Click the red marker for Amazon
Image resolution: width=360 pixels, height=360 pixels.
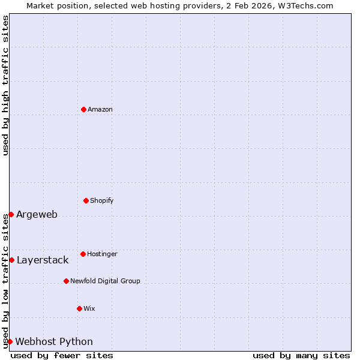(83, 109)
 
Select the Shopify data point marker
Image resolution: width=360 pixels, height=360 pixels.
(86, 200)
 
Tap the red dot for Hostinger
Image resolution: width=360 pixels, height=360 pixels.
(83, 254)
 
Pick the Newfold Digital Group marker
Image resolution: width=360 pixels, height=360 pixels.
(66, 281)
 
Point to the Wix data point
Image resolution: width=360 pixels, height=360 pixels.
(79, 308)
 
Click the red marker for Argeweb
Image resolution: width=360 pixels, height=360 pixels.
(11, 214)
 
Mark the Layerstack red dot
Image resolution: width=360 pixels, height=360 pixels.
(11, 260)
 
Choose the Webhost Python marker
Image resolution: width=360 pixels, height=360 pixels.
(10, 341)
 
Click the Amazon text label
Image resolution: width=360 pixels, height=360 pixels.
(100, 109)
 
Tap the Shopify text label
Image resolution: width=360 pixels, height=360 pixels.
(102, 200)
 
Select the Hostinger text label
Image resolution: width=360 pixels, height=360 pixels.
(102, 254)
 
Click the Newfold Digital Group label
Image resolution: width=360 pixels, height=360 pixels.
(105, 281)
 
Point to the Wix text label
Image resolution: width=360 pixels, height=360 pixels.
(89, 308)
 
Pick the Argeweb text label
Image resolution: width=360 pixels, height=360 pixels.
(37, 214)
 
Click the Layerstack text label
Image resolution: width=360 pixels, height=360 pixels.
(43, 260)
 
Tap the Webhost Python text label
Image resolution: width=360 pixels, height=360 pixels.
(54, 341)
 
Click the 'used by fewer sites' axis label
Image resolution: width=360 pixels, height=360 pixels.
(62, 355)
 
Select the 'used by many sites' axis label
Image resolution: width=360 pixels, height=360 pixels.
(301, 355)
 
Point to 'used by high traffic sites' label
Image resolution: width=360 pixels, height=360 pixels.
(5, 85)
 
